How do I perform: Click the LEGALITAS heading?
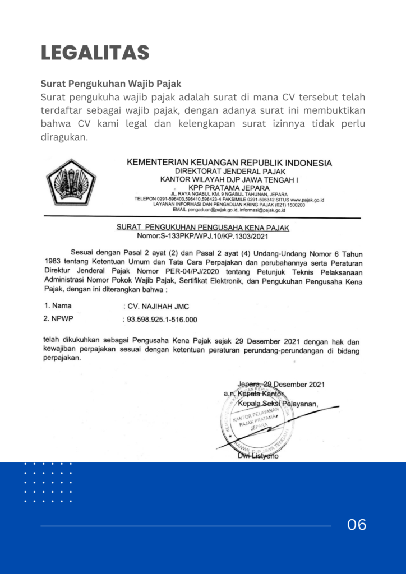(x=95, y=53)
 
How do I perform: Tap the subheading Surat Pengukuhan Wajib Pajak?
(x=111, y=84)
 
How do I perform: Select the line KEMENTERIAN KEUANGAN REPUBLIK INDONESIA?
(x=229, y=163)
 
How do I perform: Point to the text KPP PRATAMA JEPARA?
(x=230, y=187)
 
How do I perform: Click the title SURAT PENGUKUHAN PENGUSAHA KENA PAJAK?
(x=202, y=228)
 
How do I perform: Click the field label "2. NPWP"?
(x=58, y=319)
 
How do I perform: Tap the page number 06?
(x=357, y=525)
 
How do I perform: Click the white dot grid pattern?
(x=48, y=482)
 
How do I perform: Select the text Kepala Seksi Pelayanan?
(x=278, y=404)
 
